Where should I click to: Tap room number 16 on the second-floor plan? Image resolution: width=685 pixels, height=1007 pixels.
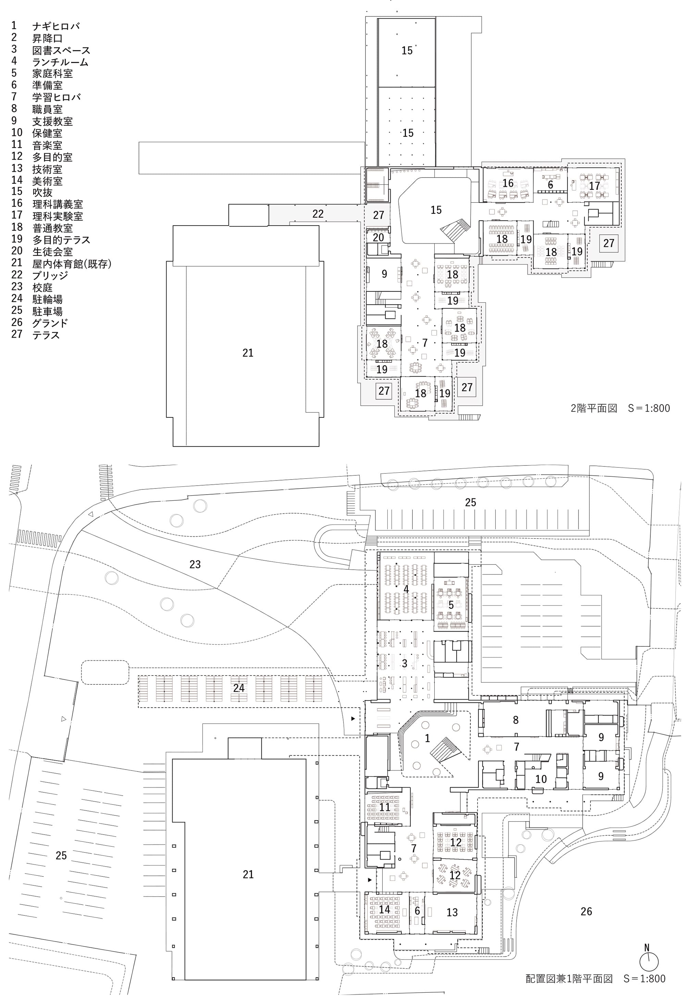[x=508, y=183]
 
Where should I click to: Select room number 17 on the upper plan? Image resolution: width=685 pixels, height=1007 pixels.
[x=595, y=186]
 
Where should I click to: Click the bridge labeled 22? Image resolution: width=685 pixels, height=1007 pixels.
[x=318, y=214]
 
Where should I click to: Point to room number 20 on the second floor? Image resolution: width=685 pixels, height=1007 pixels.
[x=378, y=238]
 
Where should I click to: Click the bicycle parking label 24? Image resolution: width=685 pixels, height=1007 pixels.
[x=239, y=688]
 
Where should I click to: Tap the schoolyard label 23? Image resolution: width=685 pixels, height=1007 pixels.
[x=195, y=564]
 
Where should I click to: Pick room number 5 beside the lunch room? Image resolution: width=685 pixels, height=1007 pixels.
[x=451, y=605]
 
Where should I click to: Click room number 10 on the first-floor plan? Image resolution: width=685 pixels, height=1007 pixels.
[x=541, y=779]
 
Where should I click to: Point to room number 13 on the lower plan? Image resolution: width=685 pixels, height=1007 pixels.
[x=452, y=912]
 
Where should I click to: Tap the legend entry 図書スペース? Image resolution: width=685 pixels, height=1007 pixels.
[x=61, y=50]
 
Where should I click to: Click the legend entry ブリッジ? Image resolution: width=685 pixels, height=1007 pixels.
[x=50, y=275]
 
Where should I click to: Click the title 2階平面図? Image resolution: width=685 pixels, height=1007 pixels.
[x=594, y=408]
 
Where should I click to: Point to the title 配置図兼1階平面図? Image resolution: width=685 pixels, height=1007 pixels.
[x=569, y=979]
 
